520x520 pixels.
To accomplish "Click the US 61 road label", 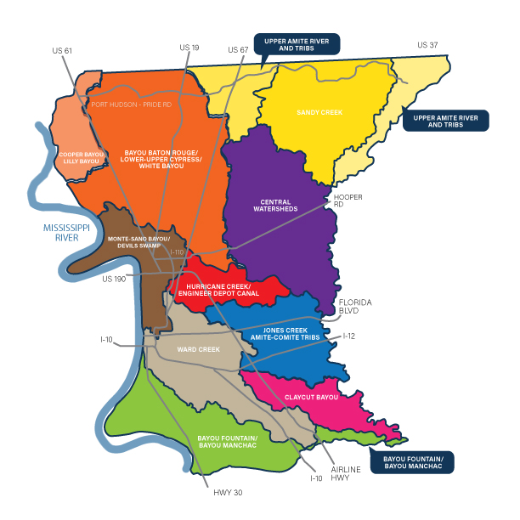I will tap(62, 50).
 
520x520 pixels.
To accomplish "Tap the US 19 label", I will tap(189, 48).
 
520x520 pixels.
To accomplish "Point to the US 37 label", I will tap(428, 44).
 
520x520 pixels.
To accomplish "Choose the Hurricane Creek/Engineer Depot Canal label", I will tap(223, 291).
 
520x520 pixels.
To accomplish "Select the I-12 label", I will tap(350, 336).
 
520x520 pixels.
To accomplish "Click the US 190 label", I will tap(115, 279).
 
